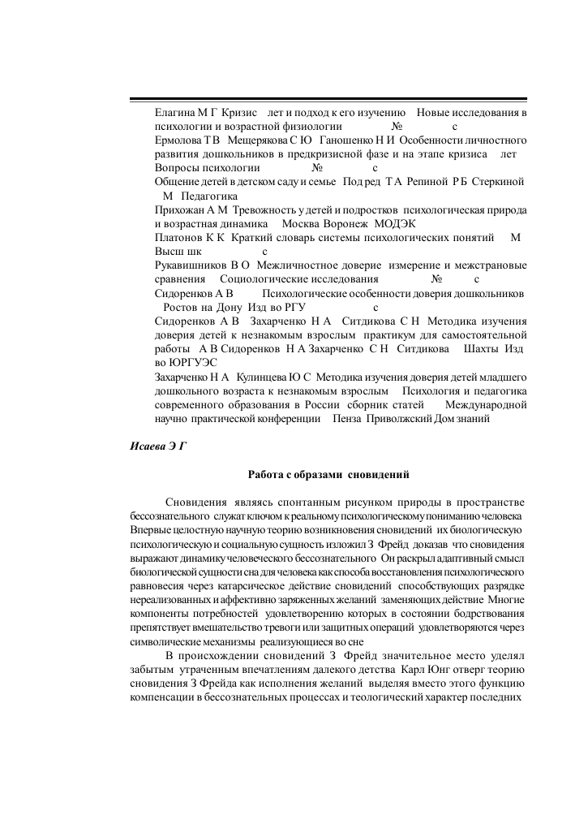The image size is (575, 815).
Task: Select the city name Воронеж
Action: pyautogui.click(x=349, y=224)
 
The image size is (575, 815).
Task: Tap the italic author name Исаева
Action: pyautogui.click(x=149, y=446)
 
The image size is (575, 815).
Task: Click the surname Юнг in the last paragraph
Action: pyautogui.click(x=446, y=670)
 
